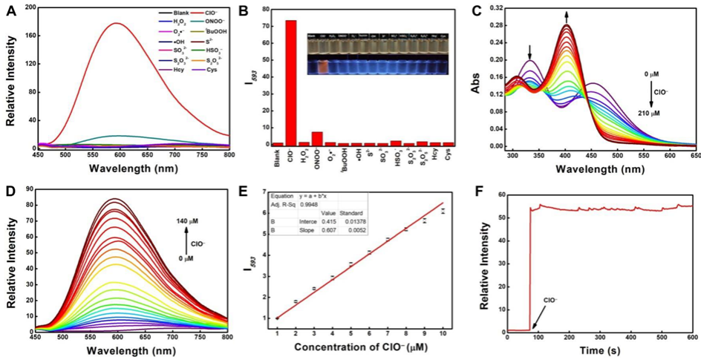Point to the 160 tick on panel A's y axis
[x=22, y=32]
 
